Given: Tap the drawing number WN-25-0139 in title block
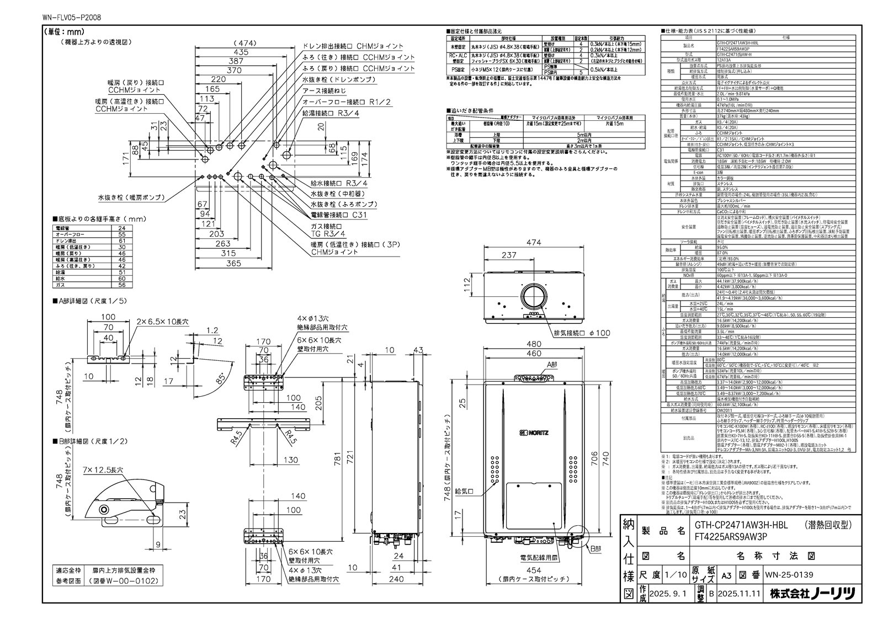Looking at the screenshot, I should click(790, 575).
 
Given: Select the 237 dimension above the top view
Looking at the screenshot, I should click(509, 255).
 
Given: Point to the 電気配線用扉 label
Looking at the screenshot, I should click(533, 559).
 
